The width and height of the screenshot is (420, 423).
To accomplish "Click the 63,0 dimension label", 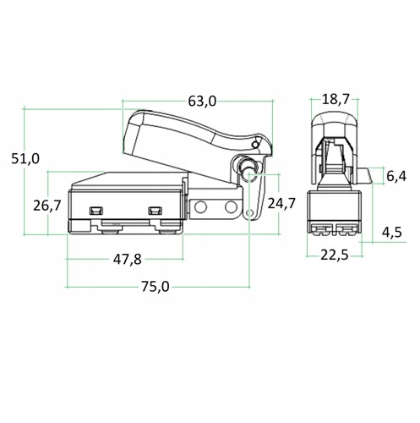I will coord(202,101).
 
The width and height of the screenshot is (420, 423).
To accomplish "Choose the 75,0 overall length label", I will coord(154,287).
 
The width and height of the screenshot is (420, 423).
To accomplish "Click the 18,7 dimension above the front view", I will coord(336,99).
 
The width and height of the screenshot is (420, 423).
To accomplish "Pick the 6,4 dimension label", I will coord(396,176).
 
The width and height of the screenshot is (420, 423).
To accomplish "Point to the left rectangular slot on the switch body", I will coord(96,209).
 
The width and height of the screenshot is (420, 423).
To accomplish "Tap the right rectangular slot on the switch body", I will coord(155,210).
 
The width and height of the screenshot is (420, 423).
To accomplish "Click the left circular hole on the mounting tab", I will coord(203,207).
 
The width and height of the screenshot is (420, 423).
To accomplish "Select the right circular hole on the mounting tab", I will coord(230,207).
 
